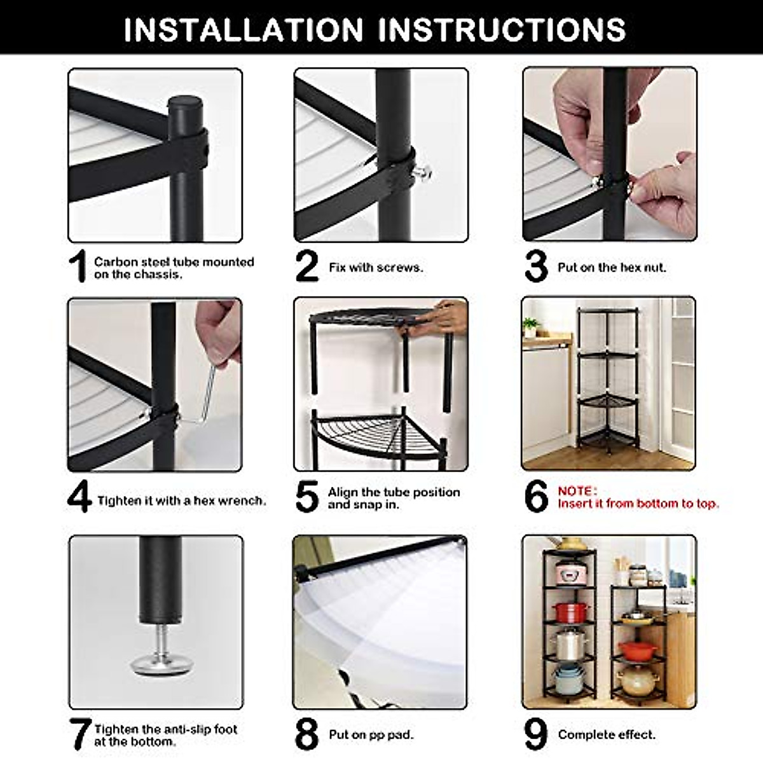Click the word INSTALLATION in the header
point(243,29)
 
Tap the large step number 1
point(78,266)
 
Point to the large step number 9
point(535,734)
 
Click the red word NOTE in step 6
point(577,491)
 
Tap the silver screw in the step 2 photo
point(422,172)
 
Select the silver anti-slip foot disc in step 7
point(162,665)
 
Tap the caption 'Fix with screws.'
point(376,268)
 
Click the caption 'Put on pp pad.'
point(371,735)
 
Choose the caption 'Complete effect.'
point(607,735)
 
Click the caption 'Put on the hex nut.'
point(612,268)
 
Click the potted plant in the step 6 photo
point(530,327)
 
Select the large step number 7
point(79,734)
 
